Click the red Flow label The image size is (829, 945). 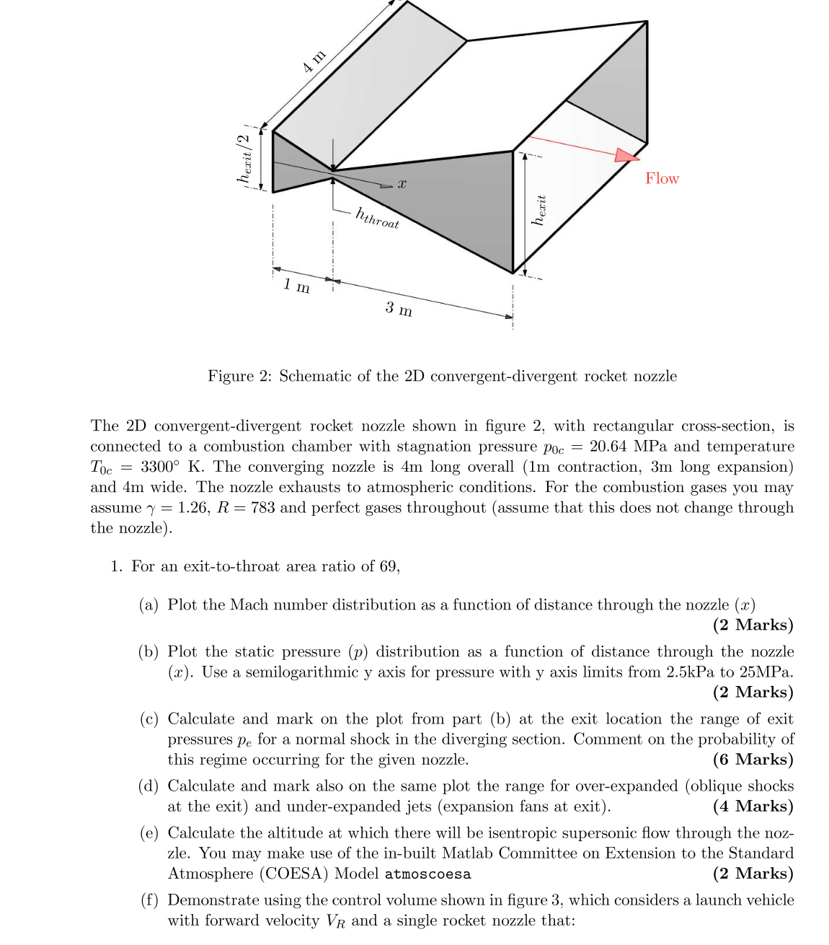pos(662,178)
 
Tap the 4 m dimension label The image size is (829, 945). pos(314,61)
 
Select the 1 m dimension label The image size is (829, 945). pos(296,286)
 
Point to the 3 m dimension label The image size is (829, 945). pos(399,309)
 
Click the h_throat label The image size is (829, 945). pos(377,218)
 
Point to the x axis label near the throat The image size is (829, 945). pos(402,185)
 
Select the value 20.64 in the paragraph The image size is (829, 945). pos(608,447)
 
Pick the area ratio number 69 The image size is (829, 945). pos(389,566)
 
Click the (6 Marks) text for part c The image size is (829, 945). pos(753,760)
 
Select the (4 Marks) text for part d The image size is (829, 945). pos(753,806)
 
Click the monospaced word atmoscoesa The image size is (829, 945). pos(427,874)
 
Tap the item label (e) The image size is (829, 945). pos(149,833)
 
